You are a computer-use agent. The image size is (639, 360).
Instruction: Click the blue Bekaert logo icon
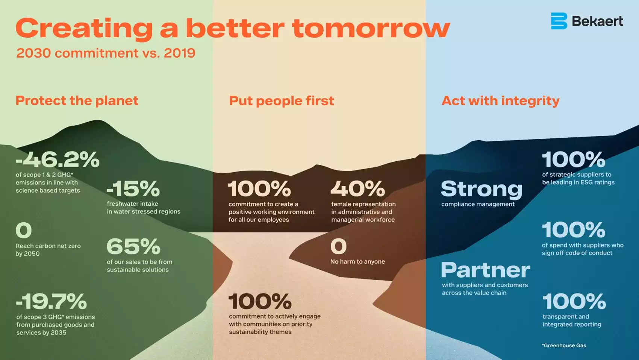pos(559,21)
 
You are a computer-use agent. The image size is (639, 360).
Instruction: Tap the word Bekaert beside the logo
pos(597,21)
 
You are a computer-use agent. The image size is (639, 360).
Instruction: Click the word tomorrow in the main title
pos(371,28)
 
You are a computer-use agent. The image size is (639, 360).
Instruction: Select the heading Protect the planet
pos(77,101)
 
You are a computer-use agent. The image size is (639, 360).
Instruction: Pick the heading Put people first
pos(281,101)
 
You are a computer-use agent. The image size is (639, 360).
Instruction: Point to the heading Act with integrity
pos(500,101)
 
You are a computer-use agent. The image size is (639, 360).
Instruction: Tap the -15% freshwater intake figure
pos(133,189)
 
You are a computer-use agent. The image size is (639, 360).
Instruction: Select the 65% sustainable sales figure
pos(133,246)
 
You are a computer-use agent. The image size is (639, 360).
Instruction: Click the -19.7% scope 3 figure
pos(51,301)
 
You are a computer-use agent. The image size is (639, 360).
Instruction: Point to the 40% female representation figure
pos(358,189)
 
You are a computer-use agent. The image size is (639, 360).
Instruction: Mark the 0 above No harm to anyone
pos(338,246)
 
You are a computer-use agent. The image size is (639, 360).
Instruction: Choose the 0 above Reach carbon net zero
pos(23,230)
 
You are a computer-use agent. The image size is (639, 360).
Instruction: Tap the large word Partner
pos(486,270)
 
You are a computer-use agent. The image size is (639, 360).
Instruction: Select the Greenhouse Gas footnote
pos(564,345)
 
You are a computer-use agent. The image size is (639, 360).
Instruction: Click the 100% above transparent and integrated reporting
pos(574,301)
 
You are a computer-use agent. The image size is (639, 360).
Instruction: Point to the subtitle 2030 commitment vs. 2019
pos(106,53)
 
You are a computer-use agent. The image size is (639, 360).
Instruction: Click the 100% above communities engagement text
pos(260,301)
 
